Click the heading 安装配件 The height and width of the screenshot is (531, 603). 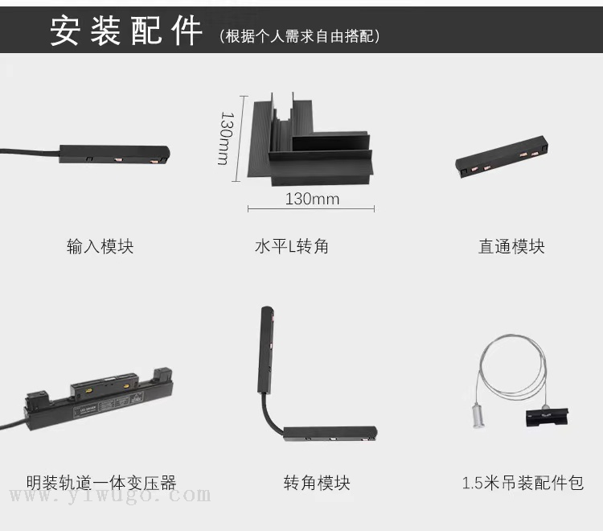(126, 31)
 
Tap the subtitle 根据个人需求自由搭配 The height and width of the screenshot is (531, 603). (300, 36)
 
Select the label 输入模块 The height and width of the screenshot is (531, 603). (100, 246)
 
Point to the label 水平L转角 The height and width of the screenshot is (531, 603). (292, 246)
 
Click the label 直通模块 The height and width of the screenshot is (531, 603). (511, 246)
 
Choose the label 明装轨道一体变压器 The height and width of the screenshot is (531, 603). (101, 483)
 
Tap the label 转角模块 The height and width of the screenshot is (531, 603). (317, 483)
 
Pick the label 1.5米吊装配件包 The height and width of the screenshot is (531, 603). (523, 483)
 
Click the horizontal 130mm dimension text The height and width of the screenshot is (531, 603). (312, 199)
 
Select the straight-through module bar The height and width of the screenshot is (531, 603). (502, 156)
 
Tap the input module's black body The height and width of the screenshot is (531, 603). (114, 154)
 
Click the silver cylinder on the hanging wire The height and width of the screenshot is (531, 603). (478, 416)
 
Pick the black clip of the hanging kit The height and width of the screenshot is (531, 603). (547, 418)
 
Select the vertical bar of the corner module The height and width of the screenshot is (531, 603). (267, 349)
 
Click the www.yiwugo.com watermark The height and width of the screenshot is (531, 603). (110, 495)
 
